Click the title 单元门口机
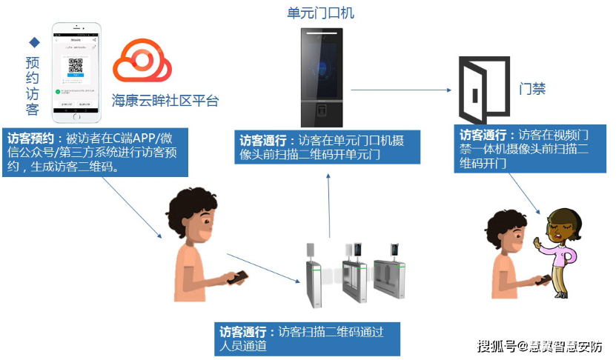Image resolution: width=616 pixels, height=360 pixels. (x=321, y=13)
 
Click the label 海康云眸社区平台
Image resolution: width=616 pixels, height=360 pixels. (x=165, y=101)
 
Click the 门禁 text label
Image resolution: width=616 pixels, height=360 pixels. (x=532, y=88)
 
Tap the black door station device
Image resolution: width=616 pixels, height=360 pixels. (x=321, y=77)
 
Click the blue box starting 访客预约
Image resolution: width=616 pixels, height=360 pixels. (x=95, y=152)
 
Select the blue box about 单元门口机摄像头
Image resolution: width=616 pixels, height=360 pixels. (x=328, y=147)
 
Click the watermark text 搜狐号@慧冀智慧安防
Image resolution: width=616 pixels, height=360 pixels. (x=540, y=346)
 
